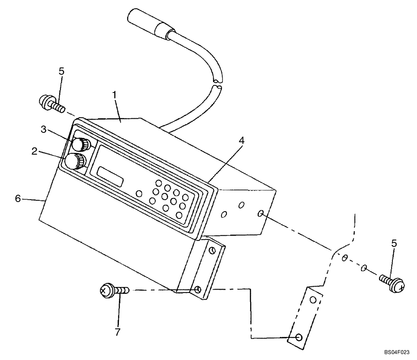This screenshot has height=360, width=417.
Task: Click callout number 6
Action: (x=18, y=199)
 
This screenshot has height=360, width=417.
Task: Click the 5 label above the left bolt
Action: (x=61, y=71)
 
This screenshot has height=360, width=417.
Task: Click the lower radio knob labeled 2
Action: (x=75, y=161)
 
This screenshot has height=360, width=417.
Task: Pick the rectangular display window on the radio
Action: (x=110, y=176)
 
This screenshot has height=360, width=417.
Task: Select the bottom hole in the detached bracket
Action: (x=299, y=338)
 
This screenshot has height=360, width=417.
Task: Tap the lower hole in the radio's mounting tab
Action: (x=198, y=289)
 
